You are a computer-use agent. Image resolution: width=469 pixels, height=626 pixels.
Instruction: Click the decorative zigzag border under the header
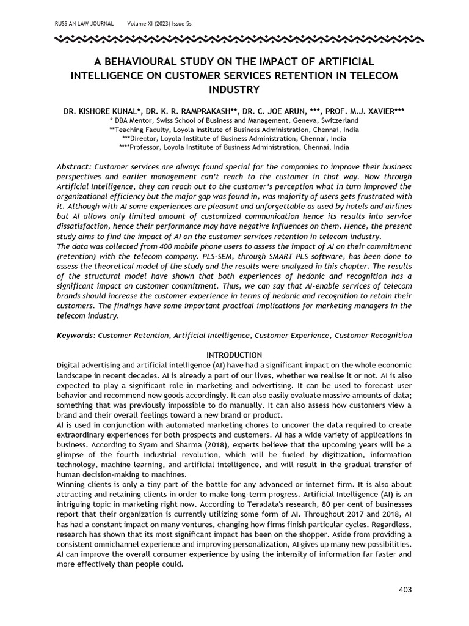click(234, 41)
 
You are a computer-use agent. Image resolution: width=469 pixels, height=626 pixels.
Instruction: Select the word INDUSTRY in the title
click(234, 89)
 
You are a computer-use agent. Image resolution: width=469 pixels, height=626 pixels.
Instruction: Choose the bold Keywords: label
click(76, 336)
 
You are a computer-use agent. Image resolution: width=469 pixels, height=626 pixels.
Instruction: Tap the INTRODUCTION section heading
click(234, 355)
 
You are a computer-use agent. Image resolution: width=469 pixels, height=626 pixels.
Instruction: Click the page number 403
click(404, 590)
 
